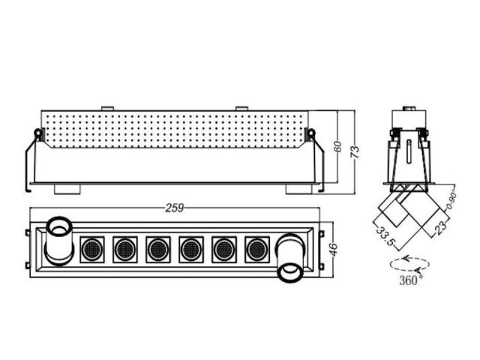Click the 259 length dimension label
[x=175, y=208]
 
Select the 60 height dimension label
[x=337, y=147]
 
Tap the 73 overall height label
[x=355, y=152]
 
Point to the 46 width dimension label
[x=334, y=250]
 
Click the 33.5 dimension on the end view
[x=385, y=236]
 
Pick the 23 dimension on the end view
[x=440, y=228]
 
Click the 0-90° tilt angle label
[x=451, y=201]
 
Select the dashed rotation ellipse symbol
[x=409, y=264]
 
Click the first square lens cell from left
[x=92, y=250]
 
